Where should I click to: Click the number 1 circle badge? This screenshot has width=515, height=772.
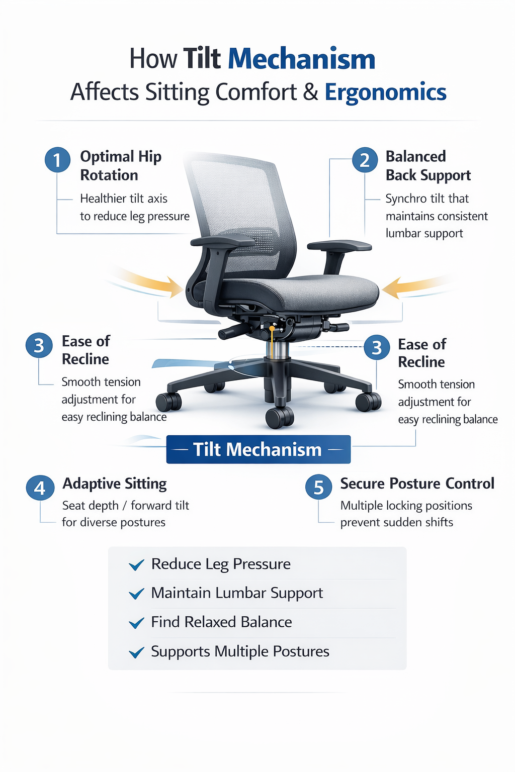(57, 160)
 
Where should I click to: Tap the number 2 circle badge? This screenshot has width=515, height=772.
(365, 160)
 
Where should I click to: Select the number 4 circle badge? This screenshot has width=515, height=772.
(40, 488)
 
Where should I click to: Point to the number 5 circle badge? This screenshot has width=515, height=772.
(318, 488)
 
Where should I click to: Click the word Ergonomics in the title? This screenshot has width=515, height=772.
(385, 92)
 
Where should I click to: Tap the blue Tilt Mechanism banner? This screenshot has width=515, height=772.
(258, 449)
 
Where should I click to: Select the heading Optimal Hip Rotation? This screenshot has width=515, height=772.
(120, 166)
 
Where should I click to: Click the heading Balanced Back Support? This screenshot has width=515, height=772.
(427, 166)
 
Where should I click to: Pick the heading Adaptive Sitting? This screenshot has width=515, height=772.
(115, 484)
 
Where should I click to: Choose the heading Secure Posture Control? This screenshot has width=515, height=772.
(417, 484)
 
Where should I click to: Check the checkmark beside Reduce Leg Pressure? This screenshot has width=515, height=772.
(136, 565)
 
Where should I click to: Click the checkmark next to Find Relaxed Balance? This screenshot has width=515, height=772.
(136, 624)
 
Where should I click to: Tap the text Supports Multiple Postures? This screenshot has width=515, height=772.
(240, 651)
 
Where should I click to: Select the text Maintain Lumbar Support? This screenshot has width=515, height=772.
(237, 593)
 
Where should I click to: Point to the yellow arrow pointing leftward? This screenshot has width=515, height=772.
(412, 287)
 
